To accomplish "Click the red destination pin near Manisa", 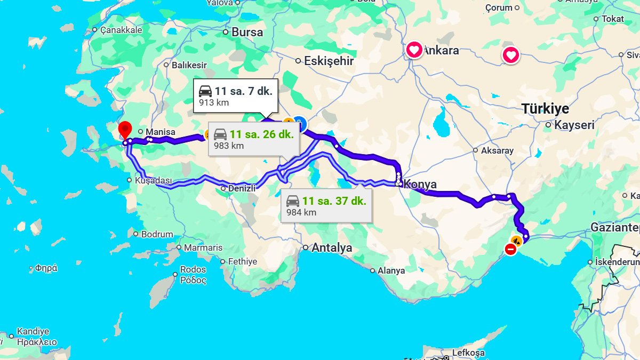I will pyautogui.click(x=125, y=130).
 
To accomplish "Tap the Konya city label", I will pyautogui.click(x=420, y=185).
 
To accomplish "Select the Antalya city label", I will pyautogui.click(x=331, y=247).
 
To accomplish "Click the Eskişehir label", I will pyautogui.click(x=329, y=61).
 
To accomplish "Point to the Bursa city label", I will pyautogui.click(x=247, y=32).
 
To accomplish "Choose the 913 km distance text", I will pyautogui.click(x=213, y=102).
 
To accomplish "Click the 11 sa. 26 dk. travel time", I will pyautogui.click(x=261, y=134).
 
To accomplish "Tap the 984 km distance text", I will pyautogui.click(x=301, y=212).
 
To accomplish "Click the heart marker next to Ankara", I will pyautogui.click(x=414, y=51).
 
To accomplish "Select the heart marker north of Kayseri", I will pyautogui.click(x=511, y=55).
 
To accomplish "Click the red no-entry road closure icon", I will pyautogui.click(x=510, y=249).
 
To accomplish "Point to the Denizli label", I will pyautogui.click(x=242, y=188).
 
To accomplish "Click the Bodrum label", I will pyautogui.click(x=157, y=234).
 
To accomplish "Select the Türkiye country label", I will pyautogui.click(x=545, y=109).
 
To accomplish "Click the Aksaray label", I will pyautogui.click(x=497, y=150).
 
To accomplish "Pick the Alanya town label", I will pyautogui.click(x=391, y=270).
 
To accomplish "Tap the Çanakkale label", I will pyautogui.click(x=121, y=30).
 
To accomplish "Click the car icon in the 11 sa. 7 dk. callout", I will pyautogui.click(x=205, y=91).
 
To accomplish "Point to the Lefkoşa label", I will pyautogui.click(x=468, y=353).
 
